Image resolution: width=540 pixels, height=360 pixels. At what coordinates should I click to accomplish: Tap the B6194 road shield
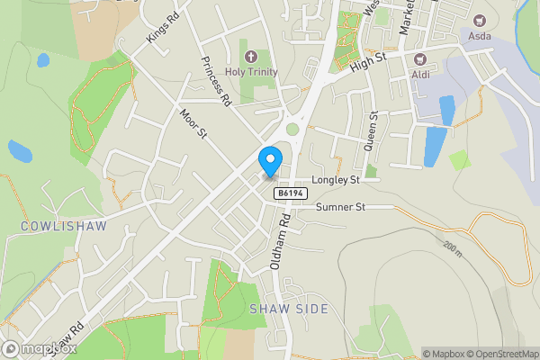tap(288, 193)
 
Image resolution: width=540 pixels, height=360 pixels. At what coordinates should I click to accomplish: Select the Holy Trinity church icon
tap(250, 57)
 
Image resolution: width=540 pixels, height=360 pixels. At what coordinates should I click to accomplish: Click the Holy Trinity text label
tap(252, 72)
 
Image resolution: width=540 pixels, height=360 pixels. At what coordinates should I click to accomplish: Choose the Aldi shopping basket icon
tap(418, 58)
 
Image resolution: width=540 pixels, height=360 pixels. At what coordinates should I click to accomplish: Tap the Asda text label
tap(479, 36)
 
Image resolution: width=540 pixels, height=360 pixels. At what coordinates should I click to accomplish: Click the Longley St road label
tap(335, 180)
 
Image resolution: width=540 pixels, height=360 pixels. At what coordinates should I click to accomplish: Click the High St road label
tap(368, 62)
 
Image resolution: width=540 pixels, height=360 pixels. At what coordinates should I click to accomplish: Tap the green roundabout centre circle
tap(292, 130)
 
